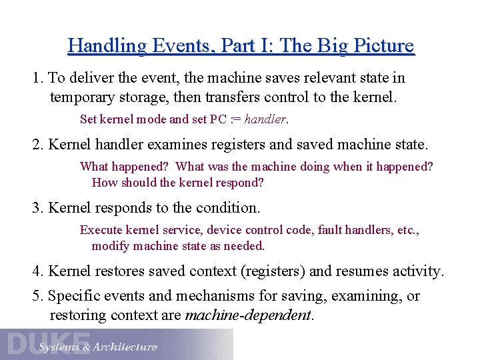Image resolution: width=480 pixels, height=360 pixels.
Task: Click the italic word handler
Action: pyautogui.click(x=265, y=120)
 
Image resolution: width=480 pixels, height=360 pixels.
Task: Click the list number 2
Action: pyautogui.click(x=37, y=144)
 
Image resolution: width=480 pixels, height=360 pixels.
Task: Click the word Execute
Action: pyautogui.click(x=101, y=230)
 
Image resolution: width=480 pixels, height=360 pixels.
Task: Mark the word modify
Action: pyautogui.click(x=111, y=246)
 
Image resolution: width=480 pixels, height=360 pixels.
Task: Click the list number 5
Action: pyautogui.click(x=37, y=296)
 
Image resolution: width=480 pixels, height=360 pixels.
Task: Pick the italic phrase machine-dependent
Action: pyautogui.click(x=248, y=315)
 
